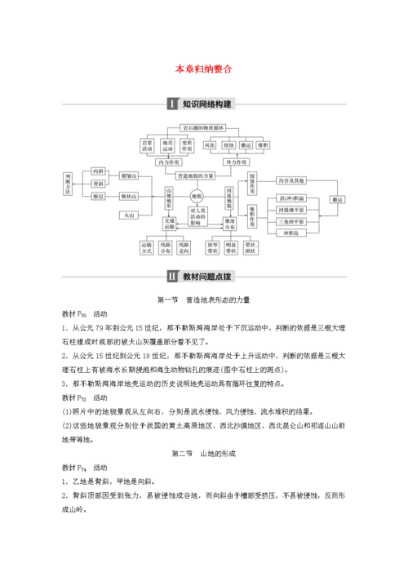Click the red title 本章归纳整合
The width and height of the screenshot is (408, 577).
coord(204,70)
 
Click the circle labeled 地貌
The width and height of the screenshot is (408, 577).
coord(197,198)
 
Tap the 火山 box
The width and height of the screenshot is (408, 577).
coord(129,215)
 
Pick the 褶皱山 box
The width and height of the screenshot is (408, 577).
coord(129,175)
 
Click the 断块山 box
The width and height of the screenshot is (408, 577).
coord(129,196)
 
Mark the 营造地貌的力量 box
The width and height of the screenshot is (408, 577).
coord(196,175)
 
